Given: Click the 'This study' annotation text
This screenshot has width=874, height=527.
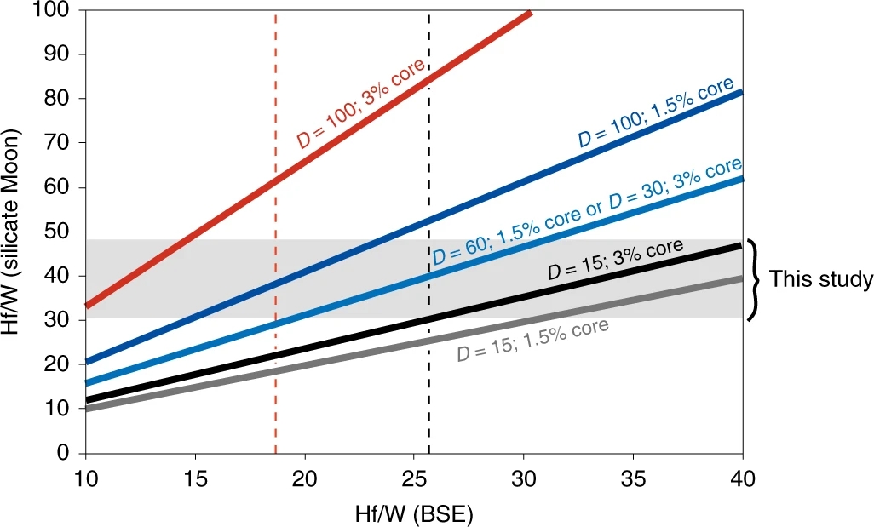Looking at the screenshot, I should (x=821, y=280).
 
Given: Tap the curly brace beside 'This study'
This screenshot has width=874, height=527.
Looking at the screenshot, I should (x=754, y=280).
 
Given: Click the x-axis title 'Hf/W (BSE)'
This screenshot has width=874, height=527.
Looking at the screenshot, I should (x=414, y=514).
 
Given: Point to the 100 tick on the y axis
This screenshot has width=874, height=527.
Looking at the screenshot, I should (x=60, y=10).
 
